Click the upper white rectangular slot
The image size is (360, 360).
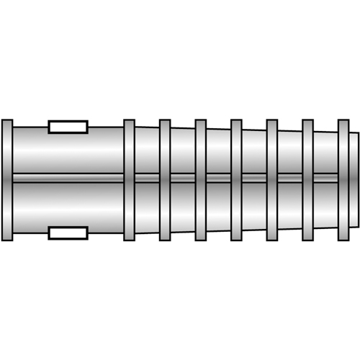pyautogui.click(x=68, y=127)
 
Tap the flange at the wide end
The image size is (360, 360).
pyautogui.click(x=7, y=180)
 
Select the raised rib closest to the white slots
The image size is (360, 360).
pyautogui.click(x=129, y=180)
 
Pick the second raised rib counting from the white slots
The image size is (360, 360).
pyautogui.click(x=165, y=180)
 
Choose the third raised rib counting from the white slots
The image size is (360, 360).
pyautogui.click(x=201, y=180)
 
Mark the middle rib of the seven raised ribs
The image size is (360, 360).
pyautogui.click(x=236, y=180)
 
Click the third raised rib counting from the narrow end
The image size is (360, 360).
pyautogui.click(x=272, y=180)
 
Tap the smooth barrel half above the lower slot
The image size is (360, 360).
pyautogui.click(x=68, y=205)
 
